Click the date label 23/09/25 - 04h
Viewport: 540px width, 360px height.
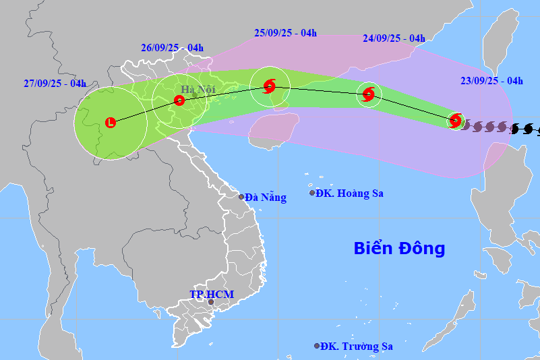click(x=491, y=81)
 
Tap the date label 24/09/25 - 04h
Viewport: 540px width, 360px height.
click(x=394, y=38)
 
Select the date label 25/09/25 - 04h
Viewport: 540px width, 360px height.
click(x=286, y=32)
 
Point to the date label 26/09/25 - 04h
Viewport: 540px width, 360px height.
click(x=173, y=48)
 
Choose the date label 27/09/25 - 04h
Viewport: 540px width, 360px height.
click(x=55, y=84)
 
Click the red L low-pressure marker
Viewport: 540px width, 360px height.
click(x=111, y=122)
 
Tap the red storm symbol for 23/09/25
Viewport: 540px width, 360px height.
click(x=456, y=121)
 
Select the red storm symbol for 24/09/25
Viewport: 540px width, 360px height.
click(x=369, y=95)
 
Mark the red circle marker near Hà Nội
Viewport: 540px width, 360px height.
click(x=179, y=101)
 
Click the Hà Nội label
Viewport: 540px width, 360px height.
click(x=196, y=89)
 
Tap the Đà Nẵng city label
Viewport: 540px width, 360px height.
click(x=266, y=198)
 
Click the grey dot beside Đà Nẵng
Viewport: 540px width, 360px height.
click(x=241, y=197)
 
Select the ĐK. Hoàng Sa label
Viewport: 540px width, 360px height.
click(x=351, y=193)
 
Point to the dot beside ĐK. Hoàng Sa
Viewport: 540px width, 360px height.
click(x=312, y=193)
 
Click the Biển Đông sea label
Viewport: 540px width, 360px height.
click(x=399, y=248)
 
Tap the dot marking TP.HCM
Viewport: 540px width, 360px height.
click(x=210, y=302)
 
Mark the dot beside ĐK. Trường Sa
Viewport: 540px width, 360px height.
click(x=317, y=346)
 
